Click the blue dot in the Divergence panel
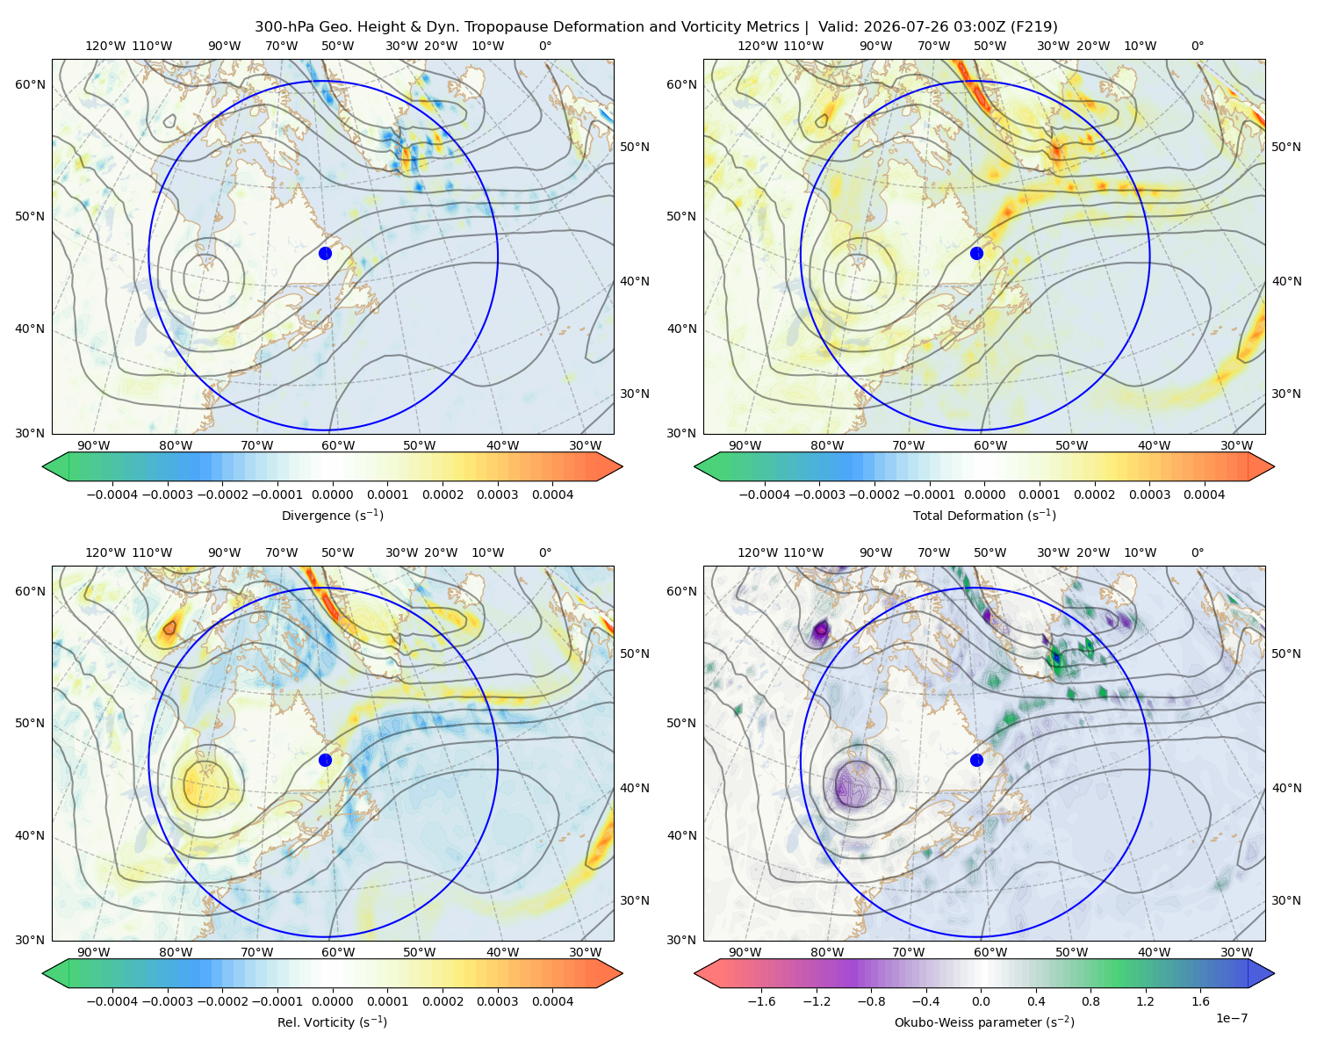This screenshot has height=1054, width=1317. [325, 253]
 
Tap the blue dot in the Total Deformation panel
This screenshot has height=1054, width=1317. [976, 253]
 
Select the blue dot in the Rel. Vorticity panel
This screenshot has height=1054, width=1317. [325, 760]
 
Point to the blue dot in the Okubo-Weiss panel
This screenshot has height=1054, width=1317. [976, 760]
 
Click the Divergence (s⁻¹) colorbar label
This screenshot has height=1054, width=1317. [332, 515]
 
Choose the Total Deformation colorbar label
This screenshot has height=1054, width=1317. [984, 515]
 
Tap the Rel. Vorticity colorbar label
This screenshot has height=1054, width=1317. [332, 1022]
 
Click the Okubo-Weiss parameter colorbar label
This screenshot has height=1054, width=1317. [984, 1022]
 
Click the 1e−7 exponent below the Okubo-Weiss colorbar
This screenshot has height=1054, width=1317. [1231, 1018]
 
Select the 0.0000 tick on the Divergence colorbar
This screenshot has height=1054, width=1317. [332, 495]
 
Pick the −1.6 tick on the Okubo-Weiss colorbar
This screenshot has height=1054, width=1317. [761, 1000]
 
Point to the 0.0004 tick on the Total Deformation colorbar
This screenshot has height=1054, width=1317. [1204, 495]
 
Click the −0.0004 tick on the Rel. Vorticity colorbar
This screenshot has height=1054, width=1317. [112, 1000]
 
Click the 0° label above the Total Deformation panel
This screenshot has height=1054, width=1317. [1197, 46]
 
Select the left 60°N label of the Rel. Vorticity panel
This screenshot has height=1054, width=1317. [30, 591]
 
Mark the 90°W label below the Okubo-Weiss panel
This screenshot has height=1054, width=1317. [745, 952]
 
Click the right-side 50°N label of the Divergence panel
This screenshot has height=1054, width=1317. [635, 147]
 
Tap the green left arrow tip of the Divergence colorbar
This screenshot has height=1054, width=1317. [43, 466]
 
